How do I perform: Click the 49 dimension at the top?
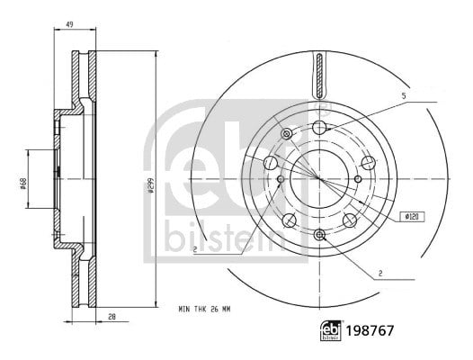[x=69, y=24]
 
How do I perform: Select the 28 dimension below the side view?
[x=112, y=317]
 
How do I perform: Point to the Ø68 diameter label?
[x=22, y=184]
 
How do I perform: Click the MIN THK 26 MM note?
[x=204, y=310]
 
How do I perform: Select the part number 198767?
[x=370, y=330]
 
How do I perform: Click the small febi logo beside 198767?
[x=331, y=330]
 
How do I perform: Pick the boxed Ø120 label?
[x=413, y=217]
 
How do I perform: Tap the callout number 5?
[x=404, y=96]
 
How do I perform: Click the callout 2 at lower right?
[x=380, y=274]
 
